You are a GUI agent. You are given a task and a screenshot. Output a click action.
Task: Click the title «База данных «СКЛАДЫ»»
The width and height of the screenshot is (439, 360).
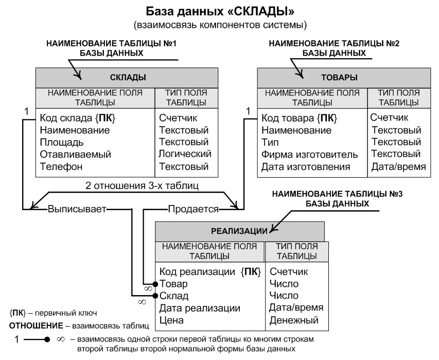coord(220,11)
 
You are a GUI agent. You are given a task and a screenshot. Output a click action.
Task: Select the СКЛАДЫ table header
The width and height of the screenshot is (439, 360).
coord(128,78)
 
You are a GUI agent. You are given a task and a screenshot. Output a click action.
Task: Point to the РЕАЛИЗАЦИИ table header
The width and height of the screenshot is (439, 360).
coord(240,231)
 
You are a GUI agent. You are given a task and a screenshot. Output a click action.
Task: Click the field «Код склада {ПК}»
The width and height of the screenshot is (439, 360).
coord(77,119)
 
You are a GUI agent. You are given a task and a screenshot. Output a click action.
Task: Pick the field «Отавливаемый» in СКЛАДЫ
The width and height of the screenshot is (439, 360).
coord(75,154)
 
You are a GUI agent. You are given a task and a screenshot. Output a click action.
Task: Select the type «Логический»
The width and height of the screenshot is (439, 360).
coord(185,154)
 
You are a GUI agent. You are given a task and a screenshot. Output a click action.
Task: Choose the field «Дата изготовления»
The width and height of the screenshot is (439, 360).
coord(306,167)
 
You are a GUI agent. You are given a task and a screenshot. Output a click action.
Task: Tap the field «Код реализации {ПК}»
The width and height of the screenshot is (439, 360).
coord(211,271)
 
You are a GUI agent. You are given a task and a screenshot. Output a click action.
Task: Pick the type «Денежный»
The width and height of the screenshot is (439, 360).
coord(294,320)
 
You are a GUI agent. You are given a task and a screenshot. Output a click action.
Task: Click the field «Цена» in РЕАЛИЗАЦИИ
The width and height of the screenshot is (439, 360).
coord(171,320)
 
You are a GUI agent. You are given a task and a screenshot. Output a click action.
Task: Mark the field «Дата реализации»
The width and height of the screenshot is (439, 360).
coord(200,308)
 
